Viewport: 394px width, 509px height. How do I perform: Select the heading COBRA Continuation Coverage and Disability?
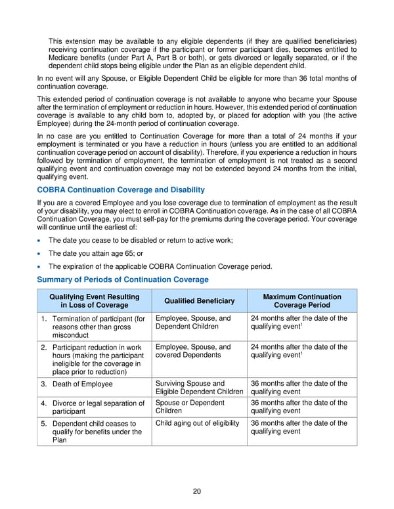(121, 190)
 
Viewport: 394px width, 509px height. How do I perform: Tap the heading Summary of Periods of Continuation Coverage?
(123, 279)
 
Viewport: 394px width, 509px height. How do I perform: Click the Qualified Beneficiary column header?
(198, 300)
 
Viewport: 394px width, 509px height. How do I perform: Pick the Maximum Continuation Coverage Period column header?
(302, 300)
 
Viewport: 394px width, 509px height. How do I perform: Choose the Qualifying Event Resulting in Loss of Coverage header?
(95, 300)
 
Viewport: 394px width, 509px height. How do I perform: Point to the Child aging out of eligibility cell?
(197, 423)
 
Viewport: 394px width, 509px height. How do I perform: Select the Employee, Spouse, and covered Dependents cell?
(193, 351)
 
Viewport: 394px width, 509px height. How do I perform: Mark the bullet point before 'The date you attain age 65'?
(41, 253)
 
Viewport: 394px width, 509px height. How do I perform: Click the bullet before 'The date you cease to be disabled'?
(41, 241)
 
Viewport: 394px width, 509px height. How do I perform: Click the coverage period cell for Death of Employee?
(299, 388)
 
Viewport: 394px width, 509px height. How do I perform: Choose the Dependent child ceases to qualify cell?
(96, 432)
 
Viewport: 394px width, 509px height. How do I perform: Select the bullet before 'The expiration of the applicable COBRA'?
(41, 266)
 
